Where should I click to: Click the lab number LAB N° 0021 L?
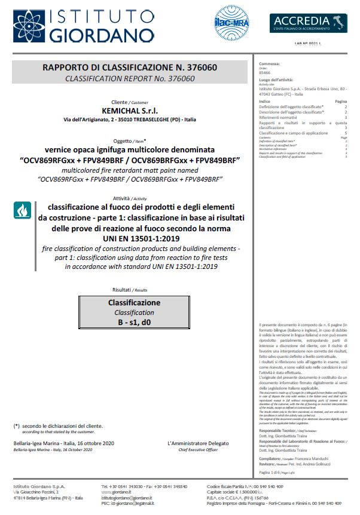pos(308,44)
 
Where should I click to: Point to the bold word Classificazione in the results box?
pos(134,303)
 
